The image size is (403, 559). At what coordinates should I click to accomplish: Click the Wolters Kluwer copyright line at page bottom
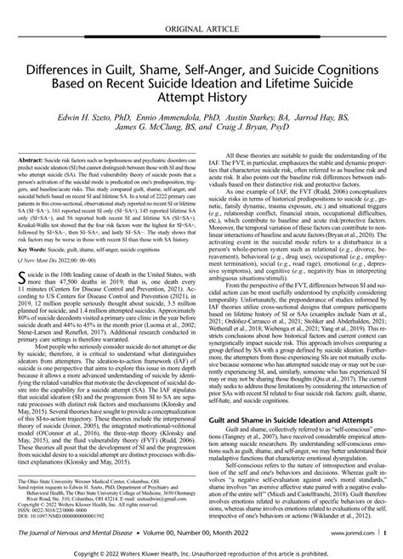(x=201, y=551)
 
